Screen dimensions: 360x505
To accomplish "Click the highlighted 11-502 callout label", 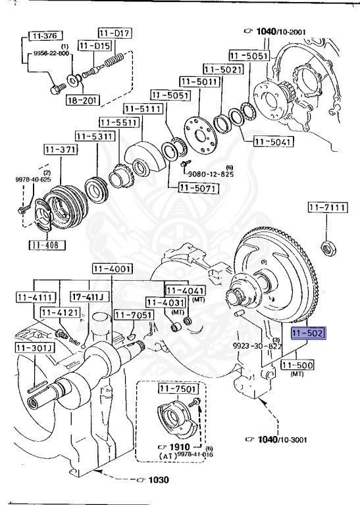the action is tap(309, 333).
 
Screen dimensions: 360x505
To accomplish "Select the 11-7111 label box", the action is tap(328, 207).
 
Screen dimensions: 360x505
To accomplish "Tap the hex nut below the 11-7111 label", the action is tap(328, 249).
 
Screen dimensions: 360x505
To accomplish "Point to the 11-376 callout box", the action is tap(45, 36).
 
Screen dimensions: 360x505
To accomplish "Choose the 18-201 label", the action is tap(83, 101).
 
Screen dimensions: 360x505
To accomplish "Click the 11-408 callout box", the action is tap(47, 245).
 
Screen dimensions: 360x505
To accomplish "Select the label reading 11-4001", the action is tap(112, 269).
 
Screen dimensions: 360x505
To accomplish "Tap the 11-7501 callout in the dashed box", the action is tap(177, 389).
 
